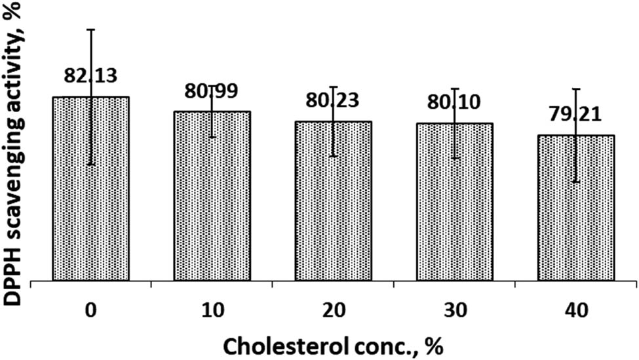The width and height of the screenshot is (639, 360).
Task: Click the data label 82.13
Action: (x=90, y=75)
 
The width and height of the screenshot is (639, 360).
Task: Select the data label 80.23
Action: (x=333, y=102)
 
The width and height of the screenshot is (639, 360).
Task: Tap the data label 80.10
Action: (x=454, y=104)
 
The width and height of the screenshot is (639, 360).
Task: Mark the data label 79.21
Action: (x=576, y=115)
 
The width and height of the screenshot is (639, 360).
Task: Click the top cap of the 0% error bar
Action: (x=90, y=30)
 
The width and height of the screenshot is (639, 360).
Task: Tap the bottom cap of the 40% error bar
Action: (x=576, y=182)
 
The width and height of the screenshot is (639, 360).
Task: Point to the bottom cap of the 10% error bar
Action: (x=212, y=137)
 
